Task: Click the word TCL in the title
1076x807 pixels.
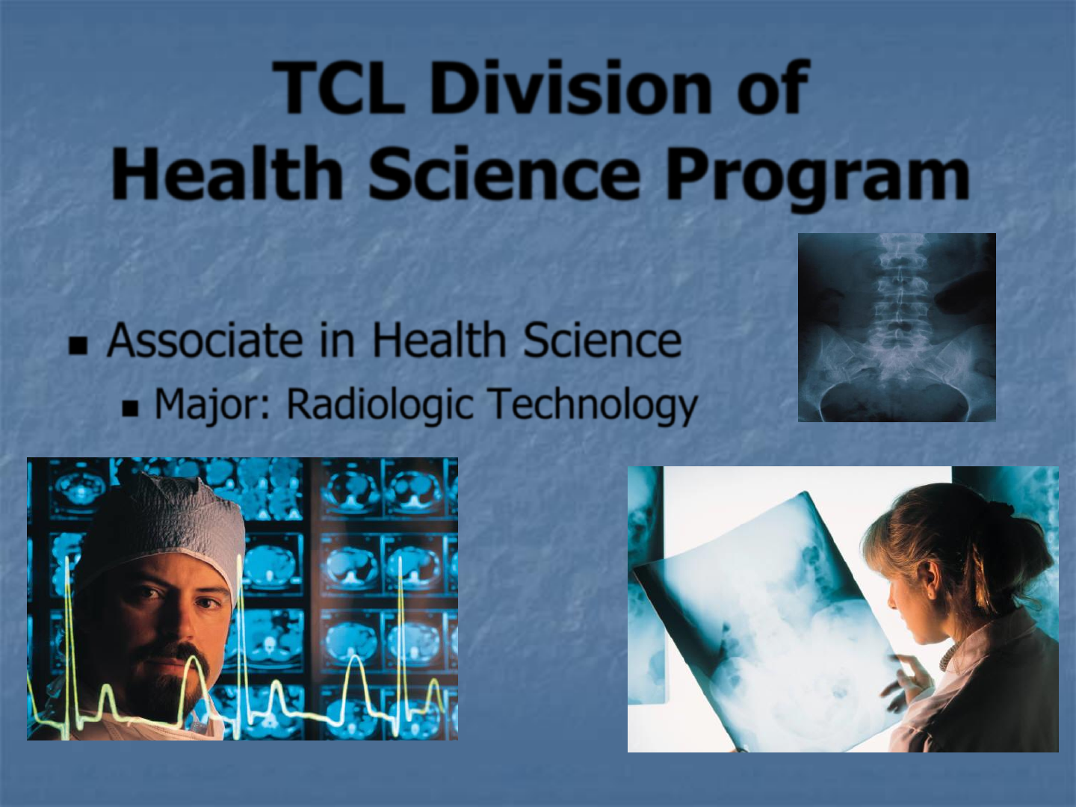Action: pyautogui.click(x=339, y=87)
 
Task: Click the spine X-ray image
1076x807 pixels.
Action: pyautogui.click(x=897, y=327)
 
